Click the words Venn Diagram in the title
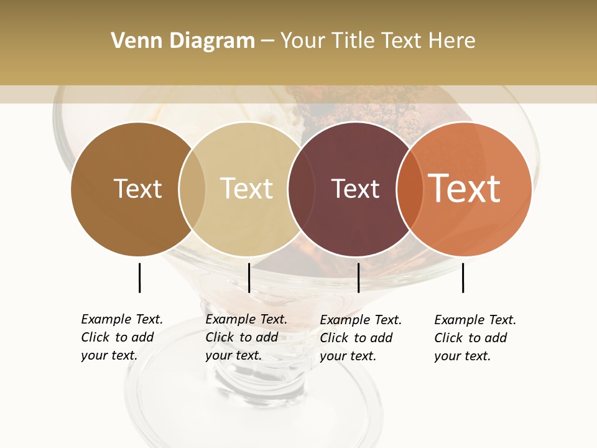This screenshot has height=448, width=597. pos(183,41)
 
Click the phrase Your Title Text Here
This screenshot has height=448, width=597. pos(377,41)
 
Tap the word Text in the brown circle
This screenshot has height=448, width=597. pos(137,189)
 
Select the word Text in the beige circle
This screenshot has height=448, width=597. pos(246,189)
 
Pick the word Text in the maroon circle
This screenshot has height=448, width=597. pos(355,189)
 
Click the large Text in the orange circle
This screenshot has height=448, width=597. pos(465,189)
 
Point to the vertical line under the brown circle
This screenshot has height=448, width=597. pos(139,278)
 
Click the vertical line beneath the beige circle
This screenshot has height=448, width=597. pos(249,278)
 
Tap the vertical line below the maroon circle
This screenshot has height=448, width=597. pos(358,278)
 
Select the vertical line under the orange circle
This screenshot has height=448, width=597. pos(463,278)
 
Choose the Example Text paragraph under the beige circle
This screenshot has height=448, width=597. pos(246,337)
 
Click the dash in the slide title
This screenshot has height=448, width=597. pos(267,41)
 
